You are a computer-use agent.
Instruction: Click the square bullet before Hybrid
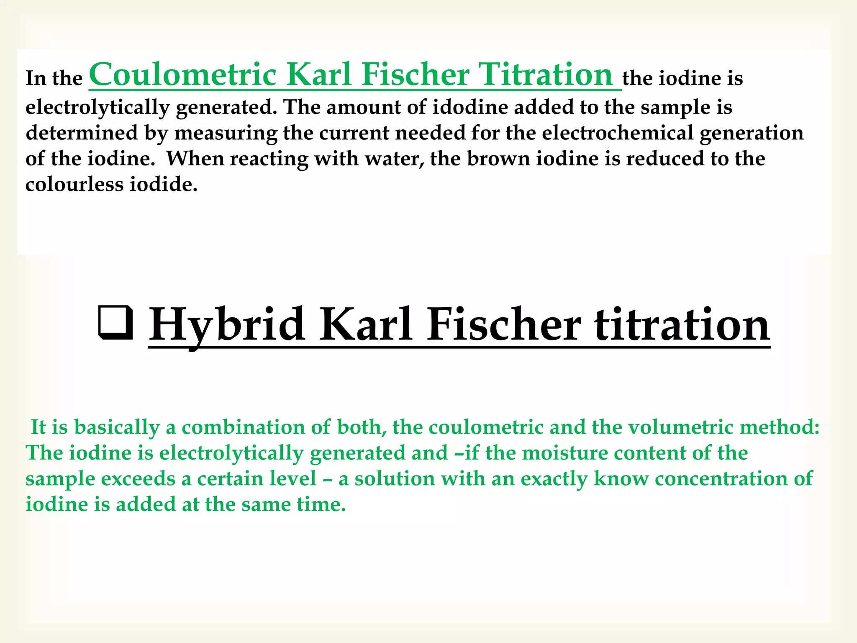[x=115, y=323]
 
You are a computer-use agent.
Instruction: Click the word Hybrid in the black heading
[x=227, y=325]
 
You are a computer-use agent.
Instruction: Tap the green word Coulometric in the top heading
[x=183, y=75]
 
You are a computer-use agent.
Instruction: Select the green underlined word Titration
[x=546, y=75]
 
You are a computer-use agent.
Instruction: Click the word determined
[x=82, y=133]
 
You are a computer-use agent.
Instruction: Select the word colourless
[x=74, y=184]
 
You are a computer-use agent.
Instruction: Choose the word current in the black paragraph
[x=354, y=133]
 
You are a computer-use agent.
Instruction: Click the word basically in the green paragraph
[x=117, y=427]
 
